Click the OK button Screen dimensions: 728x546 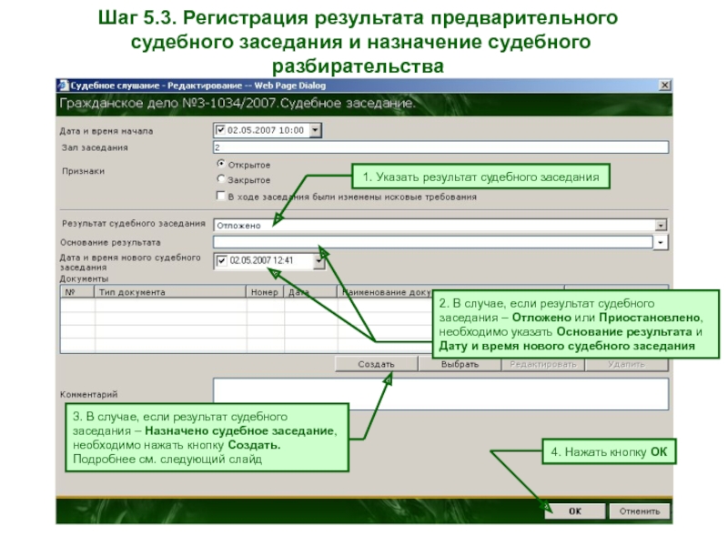[574, 511]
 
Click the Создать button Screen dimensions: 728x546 [376, 364]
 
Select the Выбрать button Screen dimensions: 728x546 [460, 364]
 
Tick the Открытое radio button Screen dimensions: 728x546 [220, 165]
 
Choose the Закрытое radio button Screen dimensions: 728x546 [220, 180]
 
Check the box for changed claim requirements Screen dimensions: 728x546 [220, 196]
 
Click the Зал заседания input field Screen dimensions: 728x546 [440, 147]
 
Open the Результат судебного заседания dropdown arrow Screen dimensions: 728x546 [662, 225]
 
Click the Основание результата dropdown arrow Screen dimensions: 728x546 [662, 243]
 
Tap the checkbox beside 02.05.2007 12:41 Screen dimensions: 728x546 [221, 261]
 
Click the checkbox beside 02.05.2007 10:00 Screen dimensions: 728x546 [218, 130]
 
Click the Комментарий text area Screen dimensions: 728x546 [440, 394]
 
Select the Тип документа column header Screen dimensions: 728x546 [169, 293]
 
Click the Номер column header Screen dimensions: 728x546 [264, 293]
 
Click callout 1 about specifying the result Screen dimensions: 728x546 [480, 177]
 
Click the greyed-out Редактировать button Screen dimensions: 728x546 [543, 364]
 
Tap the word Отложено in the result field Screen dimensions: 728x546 [238, 225]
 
